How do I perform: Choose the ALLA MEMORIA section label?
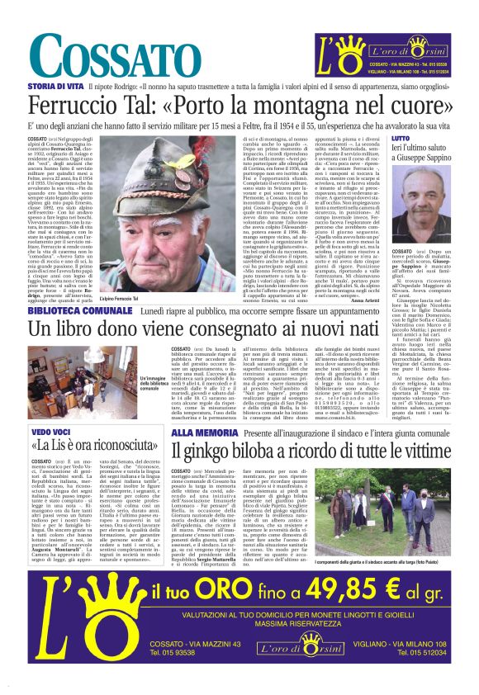(x=200, y=432)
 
